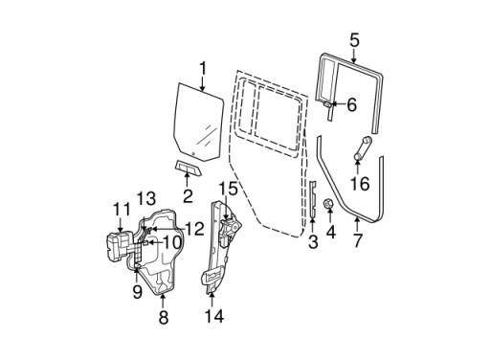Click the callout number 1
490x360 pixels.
(x=202, y=68)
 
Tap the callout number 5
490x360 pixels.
(x=354, y=40)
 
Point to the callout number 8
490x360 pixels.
(x=163, y=316)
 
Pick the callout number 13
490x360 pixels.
(x=146, y=198)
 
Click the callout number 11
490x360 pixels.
(x=121, y=209)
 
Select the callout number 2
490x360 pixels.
(x=188, y=196)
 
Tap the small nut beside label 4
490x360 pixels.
(x=329, y=204)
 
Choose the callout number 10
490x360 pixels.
(x=171, y=242)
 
